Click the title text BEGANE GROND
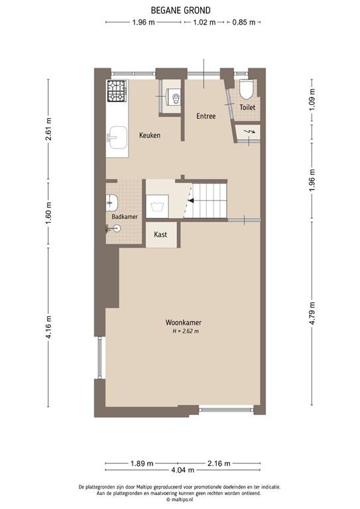click(180, 10)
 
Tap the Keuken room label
click(150, 135)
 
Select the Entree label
click(206, 116)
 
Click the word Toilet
click(247, 107)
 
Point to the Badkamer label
click(125, 216)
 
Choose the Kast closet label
click(160, 235)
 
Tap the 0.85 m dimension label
click(244, 23)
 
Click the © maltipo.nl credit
click(180, 500)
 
